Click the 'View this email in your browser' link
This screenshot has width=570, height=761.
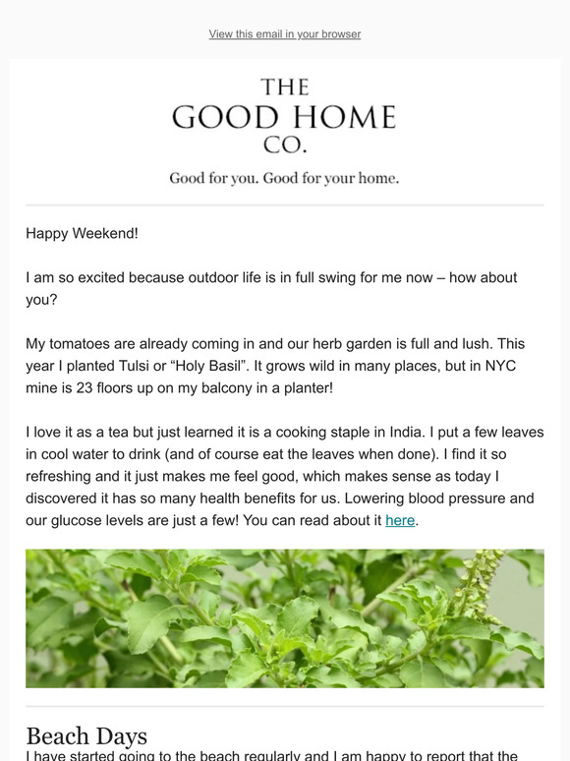pos(285,34)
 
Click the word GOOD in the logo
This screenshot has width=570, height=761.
pos(227,118)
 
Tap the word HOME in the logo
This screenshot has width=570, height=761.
pos(343,118)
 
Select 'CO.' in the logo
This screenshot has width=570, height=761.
pos(285,146)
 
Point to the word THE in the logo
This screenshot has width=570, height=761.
pos(285,88)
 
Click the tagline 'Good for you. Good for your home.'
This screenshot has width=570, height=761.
pos(284,179)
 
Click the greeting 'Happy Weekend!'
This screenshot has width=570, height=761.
pos(83,233)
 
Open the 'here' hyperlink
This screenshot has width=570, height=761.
pos(400,520)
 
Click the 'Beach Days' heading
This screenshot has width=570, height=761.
pos(86,735)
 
